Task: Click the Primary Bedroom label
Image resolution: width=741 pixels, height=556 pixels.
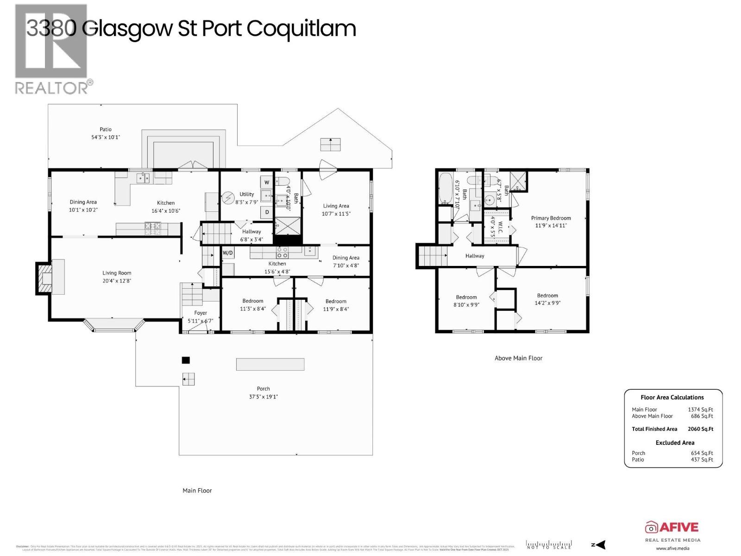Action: [x=551, y=218]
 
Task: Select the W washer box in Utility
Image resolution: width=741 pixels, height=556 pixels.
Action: [x=267, y=182]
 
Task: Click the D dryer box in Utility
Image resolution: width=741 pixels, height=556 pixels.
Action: [x=267, y=212]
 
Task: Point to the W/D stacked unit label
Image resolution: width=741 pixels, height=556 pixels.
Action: [x=227, y=253]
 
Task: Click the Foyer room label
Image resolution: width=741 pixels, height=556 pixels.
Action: [x=201, y=313]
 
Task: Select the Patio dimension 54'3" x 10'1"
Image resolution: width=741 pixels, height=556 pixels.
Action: [x=106, y=137]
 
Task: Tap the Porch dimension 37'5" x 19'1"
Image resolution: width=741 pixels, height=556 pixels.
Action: [x=263, y=397]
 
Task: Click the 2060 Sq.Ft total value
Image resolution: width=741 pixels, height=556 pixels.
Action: [x=700, y=429]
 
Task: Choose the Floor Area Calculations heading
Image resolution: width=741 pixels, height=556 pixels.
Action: [x=672, y=397]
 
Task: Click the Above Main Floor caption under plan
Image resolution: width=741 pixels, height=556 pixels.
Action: [x=518, y=358]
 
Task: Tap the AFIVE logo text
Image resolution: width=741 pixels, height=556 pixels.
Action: [x=678, y=527]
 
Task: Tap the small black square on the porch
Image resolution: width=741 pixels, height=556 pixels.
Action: [x=186, y=360]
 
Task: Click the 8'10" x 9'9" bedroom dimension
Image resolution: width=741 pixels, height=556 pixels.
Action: [x=466, y=305]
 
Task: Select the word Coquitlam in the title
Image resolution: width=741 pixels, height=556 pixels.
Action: [x=301, y=28]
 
